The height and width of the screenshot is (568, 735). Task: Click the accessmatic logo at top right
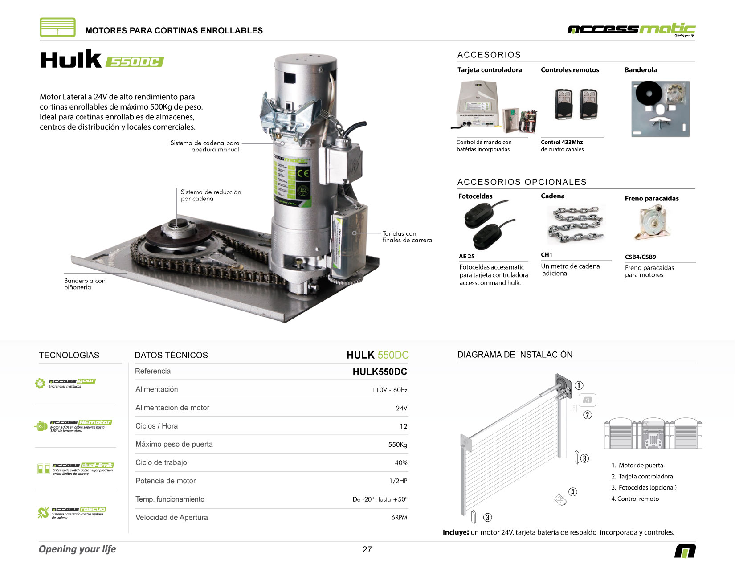pyautogui.click(x=631, y=29)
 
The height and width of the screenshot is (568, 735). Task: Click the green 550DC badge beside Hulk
pyautogui.click(x=135, y=61)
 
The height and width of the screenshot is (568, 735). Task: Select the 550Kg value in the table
pyautogui.click(x=397, y=445)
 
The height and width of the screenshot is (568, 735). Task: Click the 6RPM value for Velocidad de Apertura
pyautogui.click(x=399, y=518)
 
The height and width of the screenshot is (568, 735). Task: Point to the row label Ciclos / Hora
pyautogui.click(x=156, y=426)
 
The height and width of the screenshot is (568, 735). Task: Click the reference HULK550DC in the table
pyautogui.click(x=380, y=372)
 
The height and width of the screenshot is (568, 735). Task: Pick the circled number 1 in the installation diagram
pyautogui.click(x=579, y=386)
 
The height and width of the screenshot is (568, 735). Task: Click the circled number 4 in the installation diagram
pyautogui.click(x=573, y=492)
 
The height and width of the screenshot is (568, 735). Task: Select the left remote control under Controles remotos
pyautogui.click(x=563, y=104)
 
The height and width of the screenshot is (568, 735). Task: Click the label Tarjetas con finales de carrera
pyautogui.click(x=407, y=237)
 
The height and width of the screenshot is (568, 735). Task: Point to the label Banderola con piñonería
pyautogui.click(x=85, y=284)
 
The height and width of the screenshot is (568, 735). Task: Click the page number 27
pyautogui.click(x=367, y=549)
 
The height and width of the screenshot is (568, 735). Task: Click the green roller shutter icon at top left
pyautogui.click(x=57, y=27)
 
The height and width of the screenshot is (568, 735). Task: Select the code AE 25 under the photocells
pyautogui.click(x=466, y=256)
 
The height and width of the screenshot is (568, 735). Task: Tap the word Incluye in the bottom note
pyautogui.click(x=455, y=532)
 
